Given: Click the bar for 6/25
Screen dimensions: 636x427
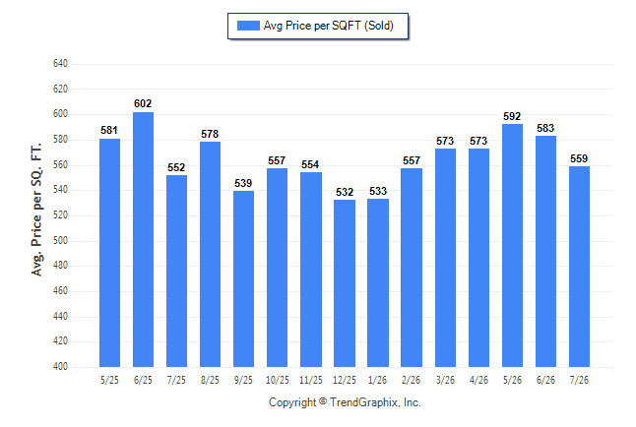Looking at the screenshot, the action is [x=143, y=239].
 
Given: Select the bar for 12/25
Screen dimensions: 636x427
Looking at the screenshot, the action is [x=345, y=283].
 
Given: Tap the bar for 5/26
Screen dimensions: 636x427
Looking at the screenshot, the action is [x=512, y=245].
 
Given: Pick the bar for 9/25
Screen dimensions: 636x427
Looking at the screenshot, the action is [x=243, y=279].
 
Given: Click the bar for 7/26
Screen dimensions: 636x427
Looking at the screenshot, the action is [x=579, y=267].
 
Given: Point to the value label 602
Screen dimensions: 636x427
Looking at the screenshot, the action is [x=143, y=103].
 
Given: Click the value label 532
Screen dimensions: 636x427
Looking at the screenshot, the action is [x=345, y=192].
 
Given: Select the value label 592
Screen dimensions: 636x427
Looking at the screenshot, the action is [x=512, y=116].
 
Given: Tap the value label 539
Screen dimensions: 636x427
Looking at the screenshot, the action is [x=243, y=183].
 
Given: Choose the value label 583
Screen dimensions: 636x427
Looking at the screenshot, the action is [x=545, y=128].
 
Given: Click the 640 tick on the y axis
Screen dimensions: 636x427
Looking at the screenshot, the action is [x=60, y=63].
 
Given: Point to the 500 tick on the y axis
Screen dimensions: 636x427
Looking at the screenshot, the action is [x=60, y=240].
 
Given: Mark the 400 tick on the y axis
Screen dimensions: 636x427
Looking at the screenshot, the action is [x=60, y=366].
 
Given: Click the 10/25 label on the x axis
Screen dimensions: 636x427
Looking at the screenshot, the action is [x=278, y=380].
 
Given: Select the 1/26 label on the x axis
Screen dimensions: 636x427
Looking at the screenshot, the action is [x=378, y=380].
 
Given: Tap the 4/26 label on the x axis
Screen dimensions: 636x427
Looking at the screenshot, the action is [x=478, y=380].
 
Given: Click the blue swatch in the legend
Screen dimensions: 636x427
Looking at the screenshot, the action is [x=248, y=26].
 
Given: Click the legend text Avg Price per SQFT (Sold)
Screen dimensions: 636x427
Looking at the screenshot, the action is [x=329, y=26].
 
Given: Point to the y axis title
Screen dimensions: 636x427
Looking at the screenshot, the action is [x=36, y=210].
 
